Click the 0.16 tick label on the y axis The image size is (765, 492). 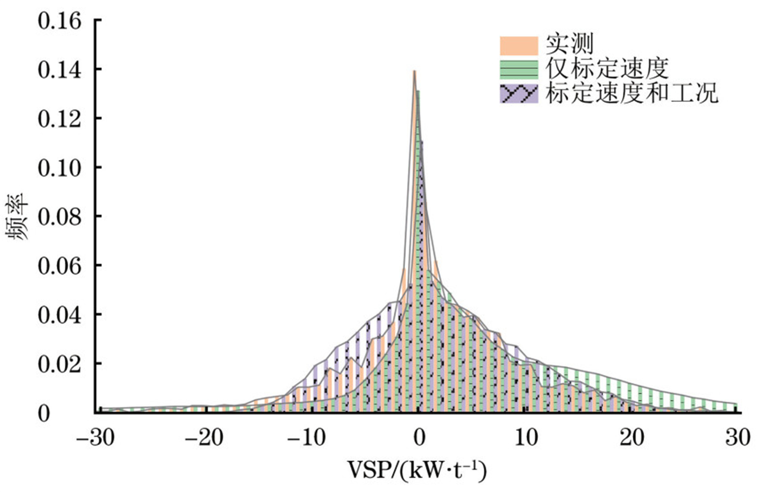59,21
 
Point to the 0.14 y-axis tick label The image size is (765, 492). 59,70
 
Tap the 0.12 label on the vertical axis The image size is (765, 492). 59,119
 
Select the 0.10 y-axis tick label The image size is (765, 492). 59,168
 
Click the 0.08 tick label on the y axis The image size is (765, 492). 59,217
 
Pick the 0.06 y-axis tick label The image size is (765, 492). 59,266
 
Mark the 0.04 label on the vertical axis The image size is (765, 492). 59,315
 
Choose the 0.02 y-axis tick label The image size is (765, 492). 59,364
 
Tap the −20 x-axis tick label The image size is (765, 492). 204,438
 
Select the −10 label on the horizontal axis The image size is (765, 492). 307,438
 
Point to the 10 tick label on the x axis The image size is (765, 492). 526,438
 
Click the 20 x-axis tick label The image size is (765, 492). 632,438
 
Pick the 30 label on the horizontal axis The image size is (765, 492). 738,438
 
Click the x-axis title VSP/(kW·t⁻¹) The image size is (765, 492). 417,470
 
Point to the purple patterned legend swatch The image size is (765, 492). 519,94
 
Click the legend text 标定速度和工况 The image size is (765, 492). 631,94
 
